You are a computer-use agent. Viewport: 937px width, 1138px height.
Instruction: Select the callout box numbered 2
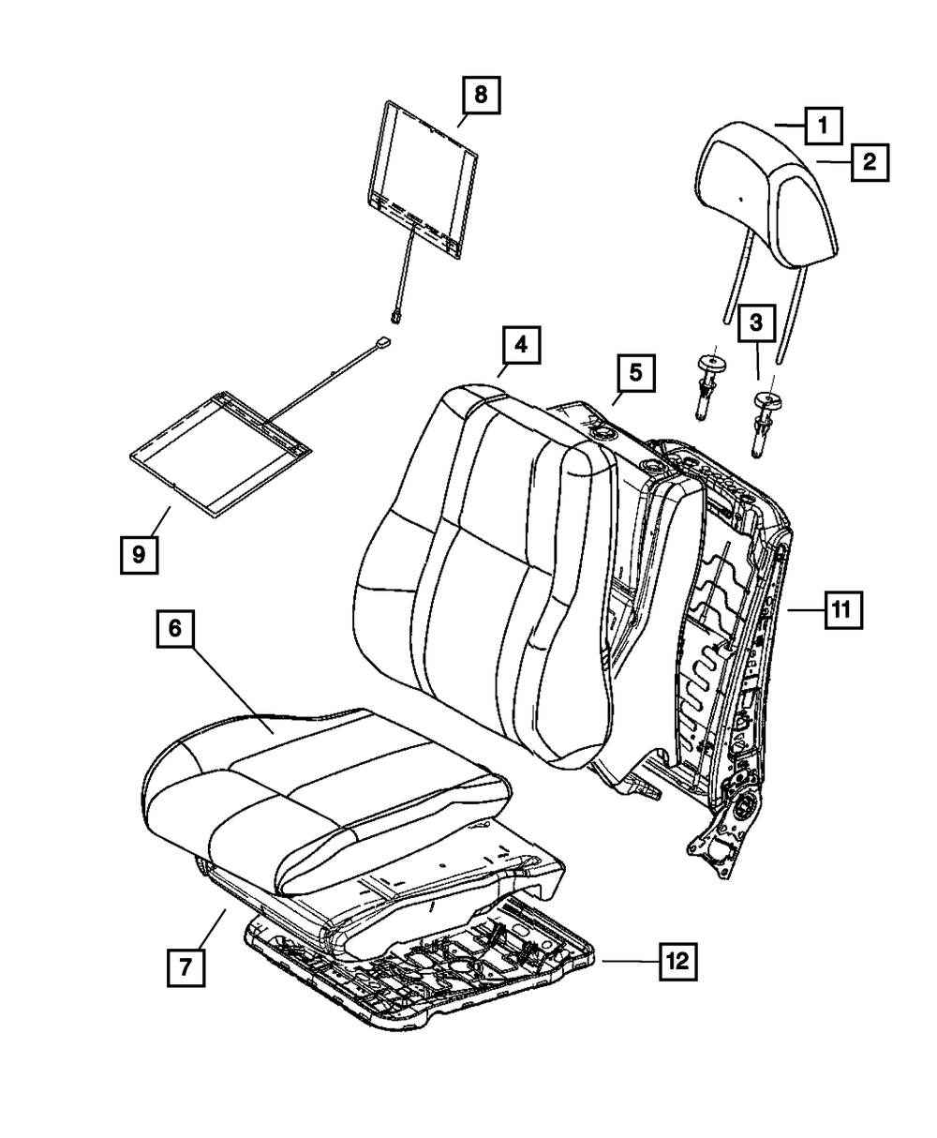pyautogui.click(x=869, y=162)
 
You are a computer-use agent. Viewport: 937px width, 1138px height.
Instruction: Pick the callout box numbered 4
pyautogui.click(x=520, y=346)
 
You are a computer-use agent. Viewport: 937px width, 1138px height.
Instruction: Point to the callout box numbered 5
pyautogui.click(x=635, y=374)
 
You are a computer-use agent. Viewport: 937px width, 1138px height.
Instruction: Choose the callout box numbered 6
pyautogui.click(x=174, y=631)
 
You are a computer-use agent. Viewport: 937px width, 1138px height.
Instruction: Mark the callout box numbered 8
pyautogui.click(x=480, y=96)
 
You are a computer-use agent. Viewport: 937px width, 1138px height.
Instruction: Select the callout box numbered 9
pyautogui.click(x=139, y=555)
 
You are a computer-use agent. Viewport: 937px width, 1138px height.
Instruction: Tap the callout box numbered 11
pyautogui.click(x=841, y=609)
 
